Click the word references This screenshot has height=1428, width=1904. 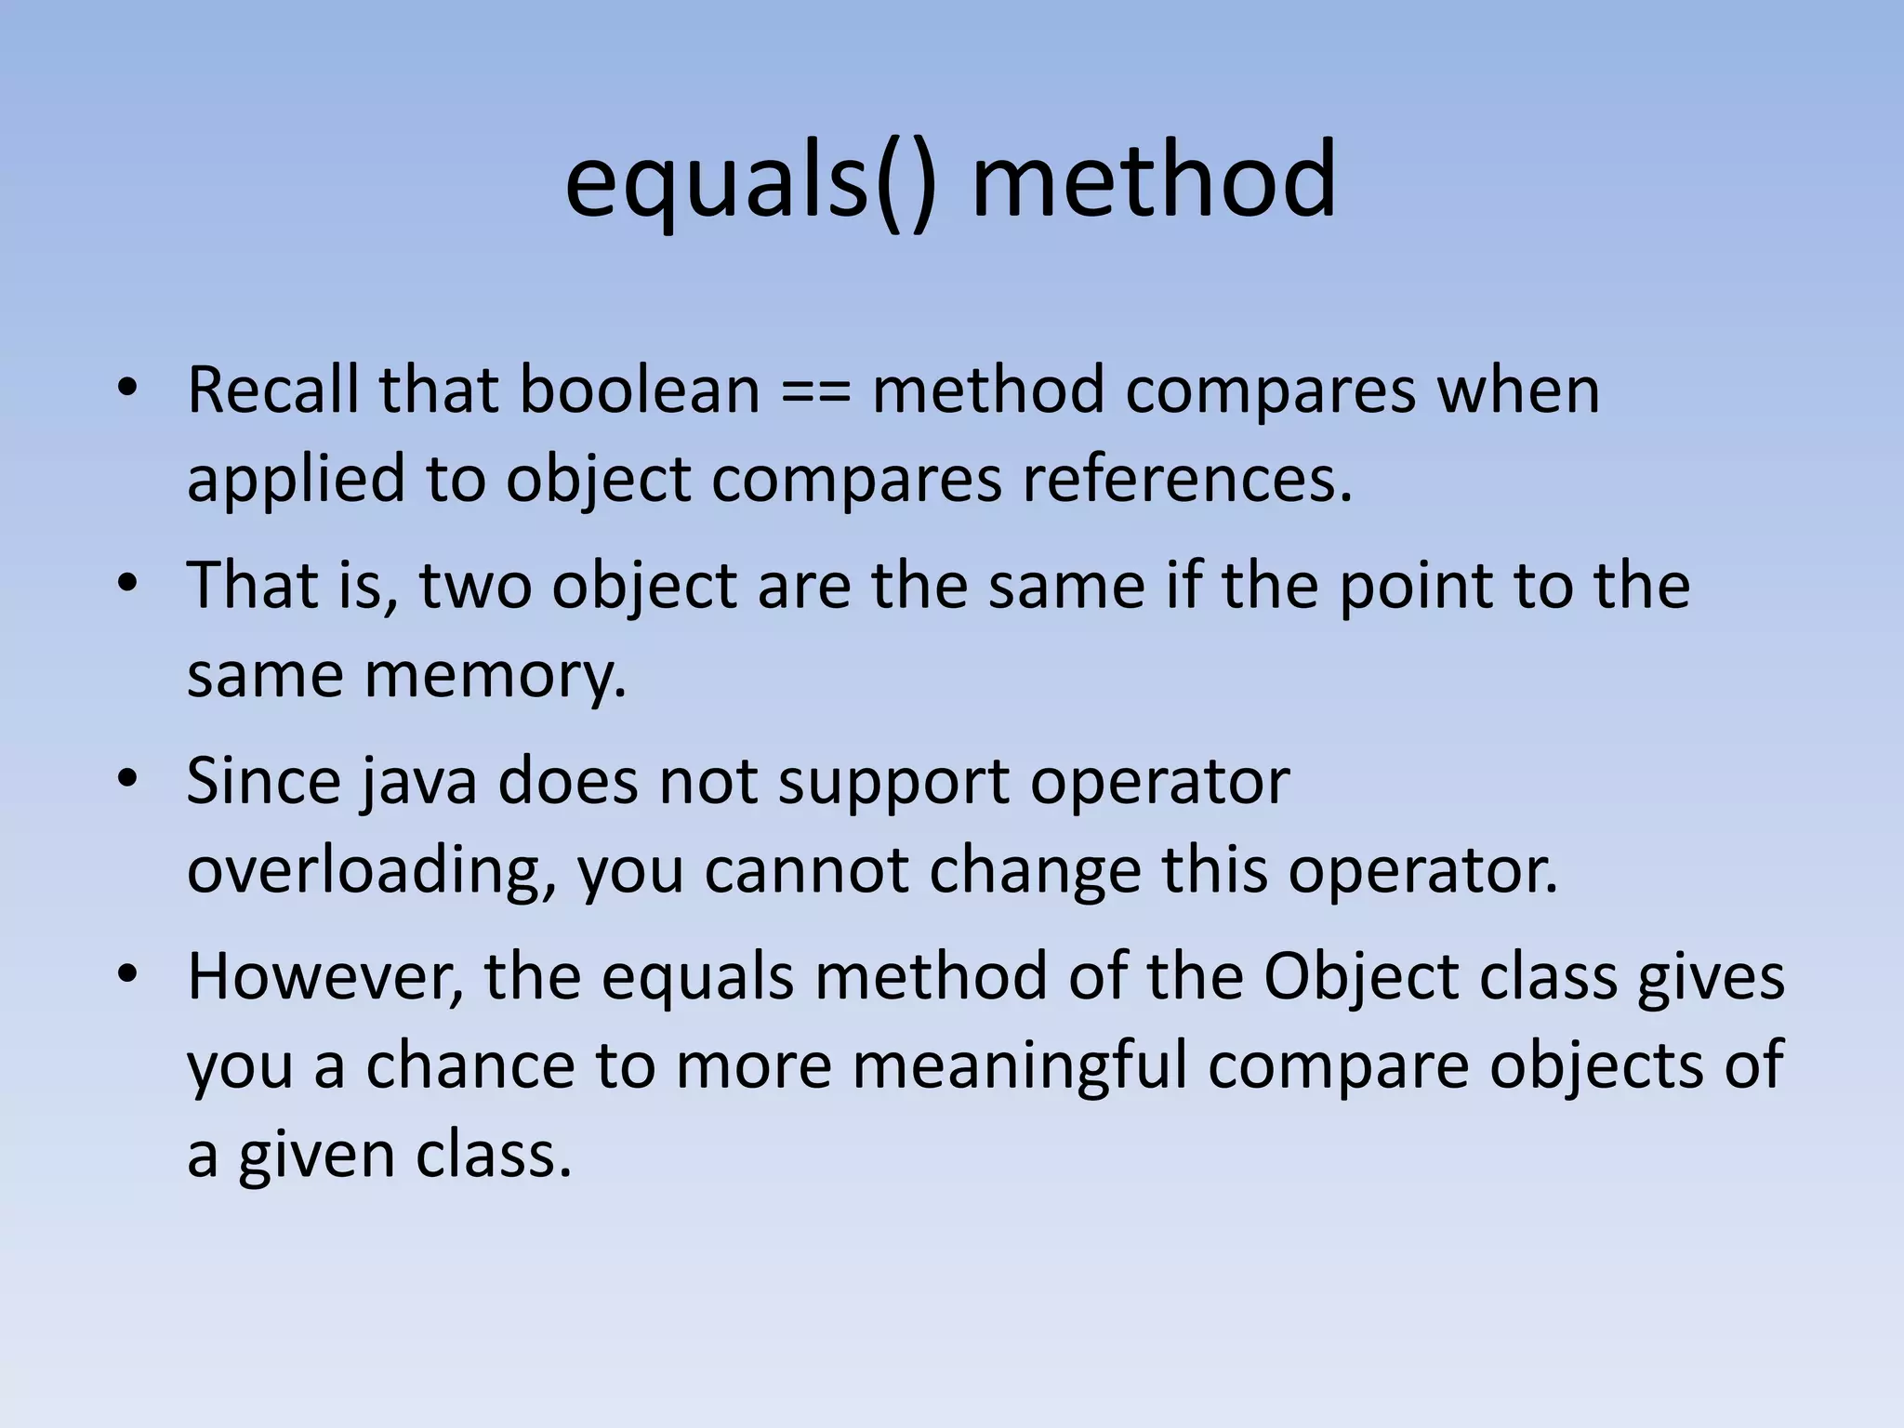1187,479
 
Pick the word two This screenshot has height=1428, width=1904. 474,586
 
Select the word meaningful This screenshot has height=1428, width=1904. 1020,1065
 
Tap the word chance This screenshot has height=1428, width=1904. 469,1065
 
